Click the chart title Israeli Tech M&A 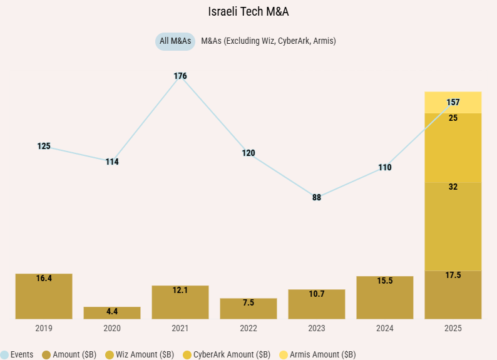[248, 11]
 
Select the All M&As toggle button [175, 41]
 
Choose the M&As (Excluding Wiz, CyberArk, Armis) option [269, 41]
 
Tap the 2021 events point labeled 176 [180, 76]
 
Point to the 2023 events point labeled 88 [317, 197]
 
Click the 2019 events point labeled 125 [44, 147]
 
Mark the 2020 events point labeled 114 [112, 162]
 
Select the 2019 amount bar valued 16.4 [44, 297]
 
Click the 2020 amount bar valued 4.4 [112, 313]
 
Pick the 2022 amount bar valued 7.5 [248, 309]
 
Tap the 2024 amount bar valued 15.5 [385, 298]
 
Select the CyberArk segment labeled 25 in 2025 [453, 148]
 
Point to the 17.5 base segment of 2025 [453, 295]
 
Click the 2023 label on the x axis [317, 327]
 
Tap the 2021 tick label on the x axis [180, 327]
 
